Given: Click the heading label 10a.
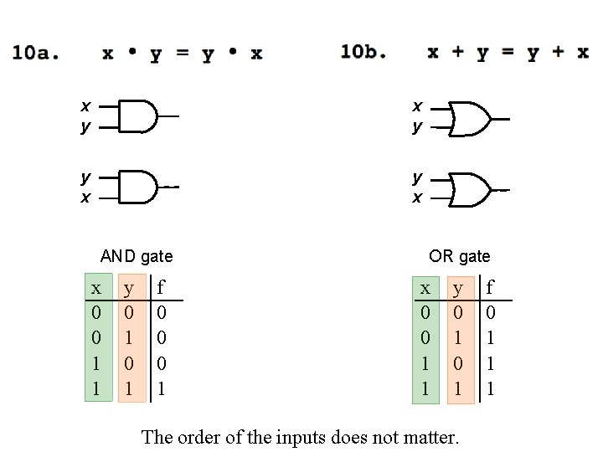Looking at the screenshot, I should click(x=36, y=54).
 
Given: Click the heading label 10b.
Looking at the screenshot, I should click(x=364, y=52).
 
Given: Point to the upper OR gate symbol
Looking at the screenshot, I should click(x=470, y=119).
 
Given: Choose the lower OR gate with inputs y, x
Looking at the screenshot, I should click(x=470, y=189).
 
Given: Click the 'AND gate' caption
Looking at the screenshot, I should click(x=137, y=256).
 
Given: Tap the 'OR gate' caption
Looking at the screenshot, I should click(x=459, y=256).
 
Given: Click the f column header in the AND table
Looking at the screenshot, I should click(x=162, y=289).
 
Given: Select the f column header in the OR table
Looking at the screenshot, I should click(x=491, y=289).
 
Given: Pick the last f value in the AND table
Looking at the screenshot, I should click(x=162, y=389).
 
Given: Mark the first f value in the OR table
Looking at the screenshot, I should click(x=491, y=313).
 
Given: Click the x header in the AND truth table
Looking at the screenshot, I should click(x=97, y=289).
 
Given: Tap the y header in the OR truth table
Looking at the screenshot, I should click(x=458, y=289).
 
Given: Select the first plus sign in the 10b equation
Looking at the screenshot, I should click(x=457, y=52).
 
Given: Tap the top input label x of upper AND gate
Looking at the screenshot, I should click(x=85, y=106).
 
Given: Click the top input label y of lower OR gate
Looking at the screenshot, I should click(x=416, y=177).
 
